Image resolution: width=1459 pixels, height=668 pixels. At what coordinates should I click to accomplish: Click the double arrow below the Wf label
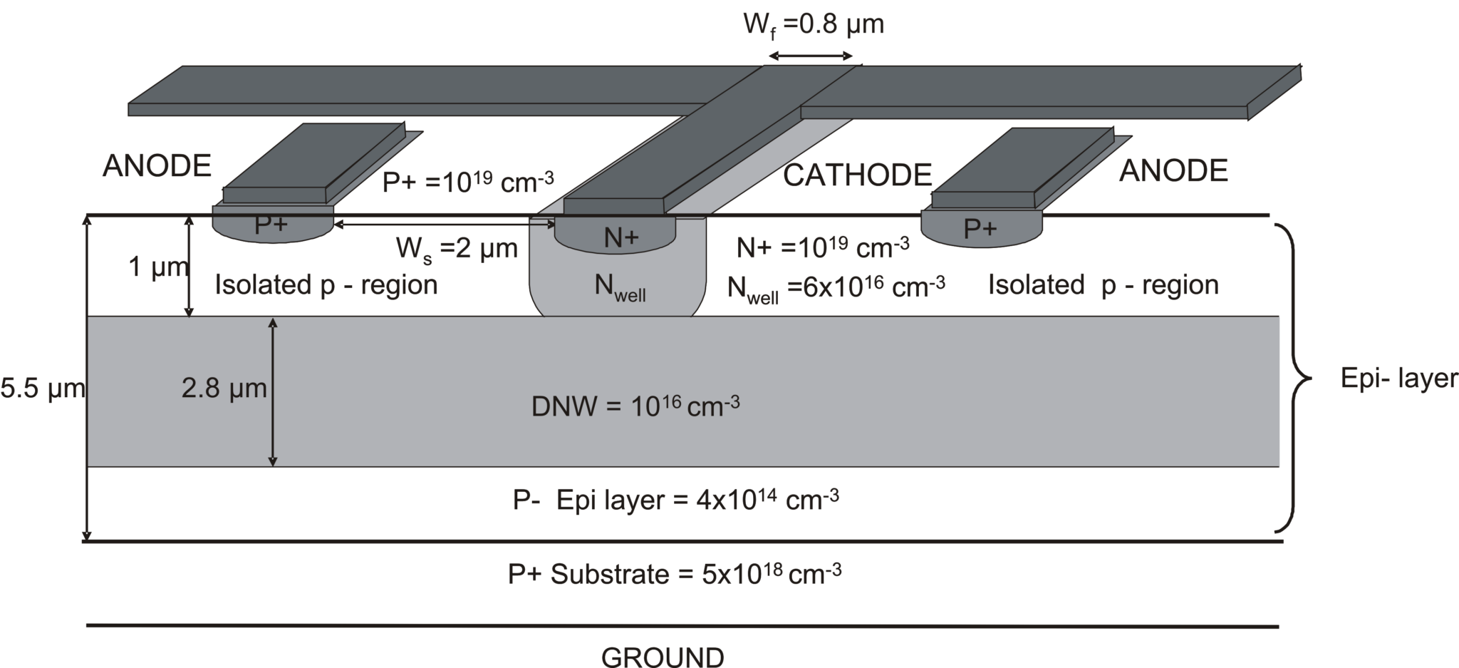point(811,56)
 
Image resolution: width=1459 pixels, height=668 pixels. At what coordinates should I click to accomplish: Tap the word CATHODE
point(857,175)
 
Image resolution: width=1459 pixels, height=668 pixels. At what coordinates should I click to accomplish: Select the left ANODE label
point(157,166)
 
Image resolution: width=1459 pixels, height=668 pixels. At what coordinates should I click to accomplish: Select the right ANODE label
point(1173,171)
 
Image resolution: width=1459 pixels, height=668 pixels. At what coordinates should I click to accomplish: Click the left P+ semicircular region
point(272,226)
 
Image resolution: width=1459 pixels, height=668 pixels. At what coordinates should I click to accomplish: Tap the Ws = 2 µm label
point(457,250)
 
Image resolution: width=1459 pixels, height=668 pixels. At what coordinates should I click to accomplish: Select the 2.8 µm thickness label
point(224,389)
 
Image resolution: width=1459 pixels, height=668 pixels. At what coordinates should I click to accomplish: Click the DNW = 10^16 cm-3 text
point(635,406)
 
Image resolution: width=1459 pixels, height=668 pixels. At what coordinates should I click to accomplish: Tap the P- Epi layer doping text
point(675,500)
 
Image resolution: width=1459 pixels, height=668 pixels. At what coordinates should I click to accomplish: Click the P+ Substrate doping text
point(674,574)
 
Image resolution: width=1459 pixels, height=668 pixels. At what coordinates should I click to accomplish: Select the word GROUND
point(663,657)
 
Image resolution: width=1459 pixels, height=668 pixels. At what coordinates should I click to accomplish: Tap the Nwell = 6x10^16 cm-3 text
point(836,287)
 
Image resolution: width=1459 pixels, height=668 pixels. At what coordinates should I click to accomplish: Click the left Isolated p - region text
point(326,285)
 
